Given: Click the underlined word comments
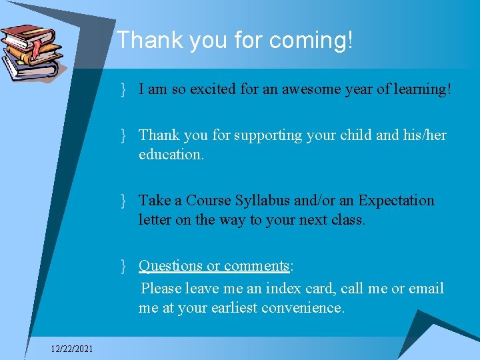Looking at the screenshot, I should click(x=256, y=265).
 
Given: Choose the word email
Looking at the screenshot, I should click(x=426, y=289).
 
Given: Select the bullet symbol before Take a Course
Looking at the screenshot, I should click(x=124, y=201).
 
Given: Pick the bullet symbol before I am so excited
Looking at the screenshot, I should click(x=124, y=89).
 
